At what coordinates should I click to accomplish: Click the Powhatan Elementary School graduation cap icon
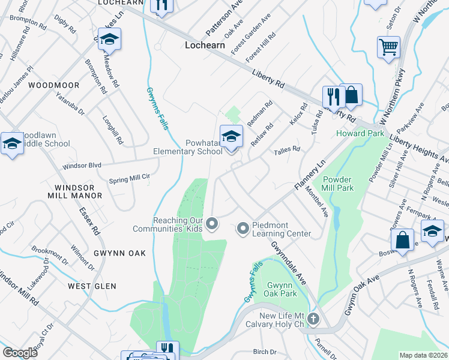[231, 136]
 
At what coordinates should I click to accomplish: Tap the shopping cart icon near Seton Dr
[388, 47]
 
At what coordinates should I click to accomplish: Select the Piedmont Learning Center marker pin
[243, 227]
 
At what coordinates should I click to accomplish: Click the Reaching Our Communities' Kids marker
[211, 224]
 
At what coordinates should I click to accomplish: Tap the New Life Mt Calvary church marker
[313, 317]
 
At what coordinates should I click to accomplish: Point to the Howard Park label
[360, 133]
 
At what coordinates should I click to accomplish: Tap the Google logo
[20, 353]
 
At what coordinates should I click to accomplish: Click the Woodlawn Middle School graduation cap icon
[11, 144]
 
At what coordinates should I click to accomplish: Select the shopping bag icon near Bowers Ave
[403, 240]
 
